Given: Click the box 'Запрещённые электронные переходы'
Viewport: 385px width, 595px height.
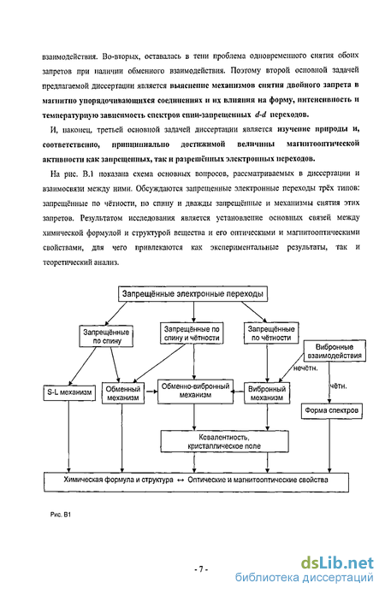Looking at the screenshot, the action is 192,294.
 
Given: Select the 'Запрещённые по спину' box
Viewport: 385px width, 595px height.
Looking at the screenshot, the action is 106,336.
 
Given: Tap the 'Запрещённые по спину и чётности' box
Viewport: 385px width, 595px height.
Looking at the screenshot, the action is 192,333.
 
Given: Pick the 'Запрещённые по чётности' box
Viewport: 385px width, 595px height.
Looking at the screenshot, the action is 271,333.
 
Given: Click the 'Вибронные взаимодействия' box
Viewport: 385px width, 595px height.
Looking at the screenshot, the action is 335,351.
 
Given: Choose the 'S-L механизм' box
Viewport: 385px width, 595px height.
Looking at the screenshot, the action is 69,392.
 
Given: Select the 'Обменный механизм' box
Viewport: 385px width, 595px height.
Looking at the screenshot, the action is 123,393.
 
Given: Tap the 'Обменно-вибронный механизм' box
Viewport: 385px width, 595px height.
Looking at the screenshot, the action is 196,391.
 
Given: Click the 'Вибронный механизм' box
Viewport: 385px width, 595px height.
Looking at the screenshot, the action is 267,393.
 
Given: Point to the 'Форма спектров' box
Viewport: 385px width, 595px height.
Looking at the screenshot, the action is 331,410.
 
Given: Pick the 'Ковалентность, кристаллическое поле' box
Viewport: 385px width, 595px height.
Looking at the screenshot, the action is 224,441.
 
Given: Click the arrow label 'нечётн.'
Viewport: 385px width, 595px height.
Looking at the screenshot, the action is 305,368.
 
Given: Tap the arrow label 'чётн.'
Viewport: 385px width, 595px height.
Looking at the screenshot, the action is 338,386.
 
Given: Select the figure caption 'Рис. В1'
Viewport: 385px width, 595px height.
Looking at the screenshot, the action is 61,515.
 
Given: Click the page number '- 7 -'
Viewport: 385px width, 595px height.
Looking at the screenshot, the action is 201,568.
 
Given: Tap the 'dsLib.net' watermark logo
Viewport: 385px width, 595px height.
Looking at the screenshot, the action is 338,563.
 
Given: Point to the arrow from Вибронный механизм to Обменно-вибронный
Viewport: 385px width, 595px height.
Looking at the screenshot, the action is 239,392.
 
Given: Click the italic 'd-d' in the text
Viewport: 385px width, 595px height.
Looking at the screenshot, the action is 260,115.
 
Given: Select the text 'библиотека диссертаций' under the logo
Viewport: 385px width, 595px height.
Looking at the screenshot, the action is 304,578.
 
